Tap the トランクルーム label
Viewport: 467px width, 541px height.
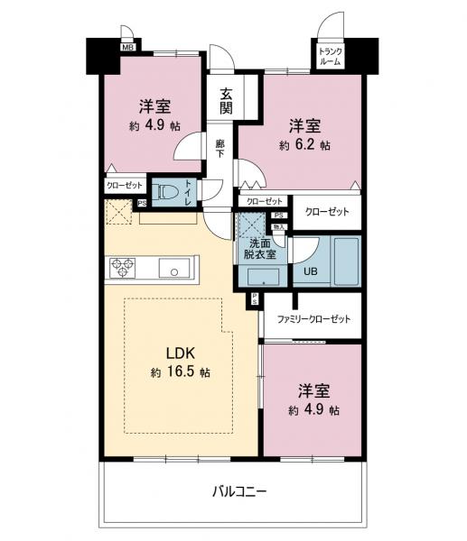tap(330, 57)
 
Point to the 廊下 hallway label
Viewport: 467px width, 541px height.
tap(220, 147)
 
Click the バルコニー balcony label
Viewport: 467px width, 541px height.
tap(239, 491)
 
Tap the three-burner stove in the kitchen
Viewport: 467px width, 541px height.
tap(123, 268)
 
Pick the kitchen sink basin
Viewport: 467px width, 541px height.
tap(172, 269)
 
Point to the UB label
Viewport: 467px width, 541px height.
tap(310, 270)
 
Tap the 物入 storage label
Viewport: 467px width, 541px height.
tap(280, 230)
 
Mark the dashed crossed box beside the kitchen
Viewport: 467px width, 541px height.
tap(118, 214)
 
